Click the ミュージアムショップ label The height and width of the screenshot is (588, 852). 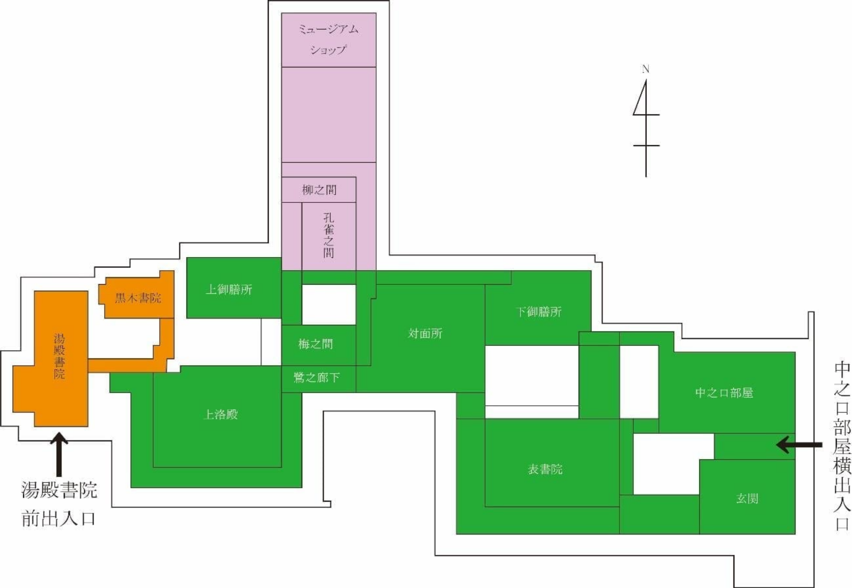point(328,39)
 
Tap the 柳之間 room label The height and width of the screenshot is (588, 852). point(319,190)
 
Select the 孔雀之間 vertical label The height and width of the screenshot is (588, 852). point(328,235)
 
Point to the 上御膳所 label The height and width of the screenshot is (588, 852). point(229,289)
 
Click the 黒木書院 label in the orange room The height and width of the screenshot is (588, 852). point(138,298)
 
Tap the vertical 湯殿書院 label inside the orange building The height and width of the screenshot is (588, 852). point(59,356)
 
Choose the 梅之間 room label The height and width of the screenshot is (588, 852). point(315,344)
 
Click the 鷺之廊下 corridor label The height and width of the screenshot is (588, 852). point(316,377)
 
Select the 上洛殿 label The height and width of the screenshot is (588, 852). point(220,414)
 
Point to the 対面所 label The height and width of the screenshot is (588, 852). point(425,334)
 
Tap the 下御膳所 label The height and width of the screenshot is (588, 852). point(538,312)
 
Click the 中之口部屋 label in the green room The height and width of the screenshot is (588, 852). point(724,393)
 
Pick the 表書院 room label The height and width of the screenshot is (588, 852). point(545,469)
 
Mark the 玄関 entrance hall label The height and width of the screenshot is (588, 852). point(747,498)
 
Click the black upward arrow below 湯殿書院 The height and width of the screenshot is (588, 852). point(59,455)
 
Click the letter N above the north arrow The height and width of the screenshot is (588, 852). point(646,69)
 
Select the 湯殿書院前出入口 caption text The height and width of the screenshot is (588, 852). point(59,504)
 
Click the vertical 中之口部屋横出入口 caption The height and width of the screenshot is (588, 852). point(842,446)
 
